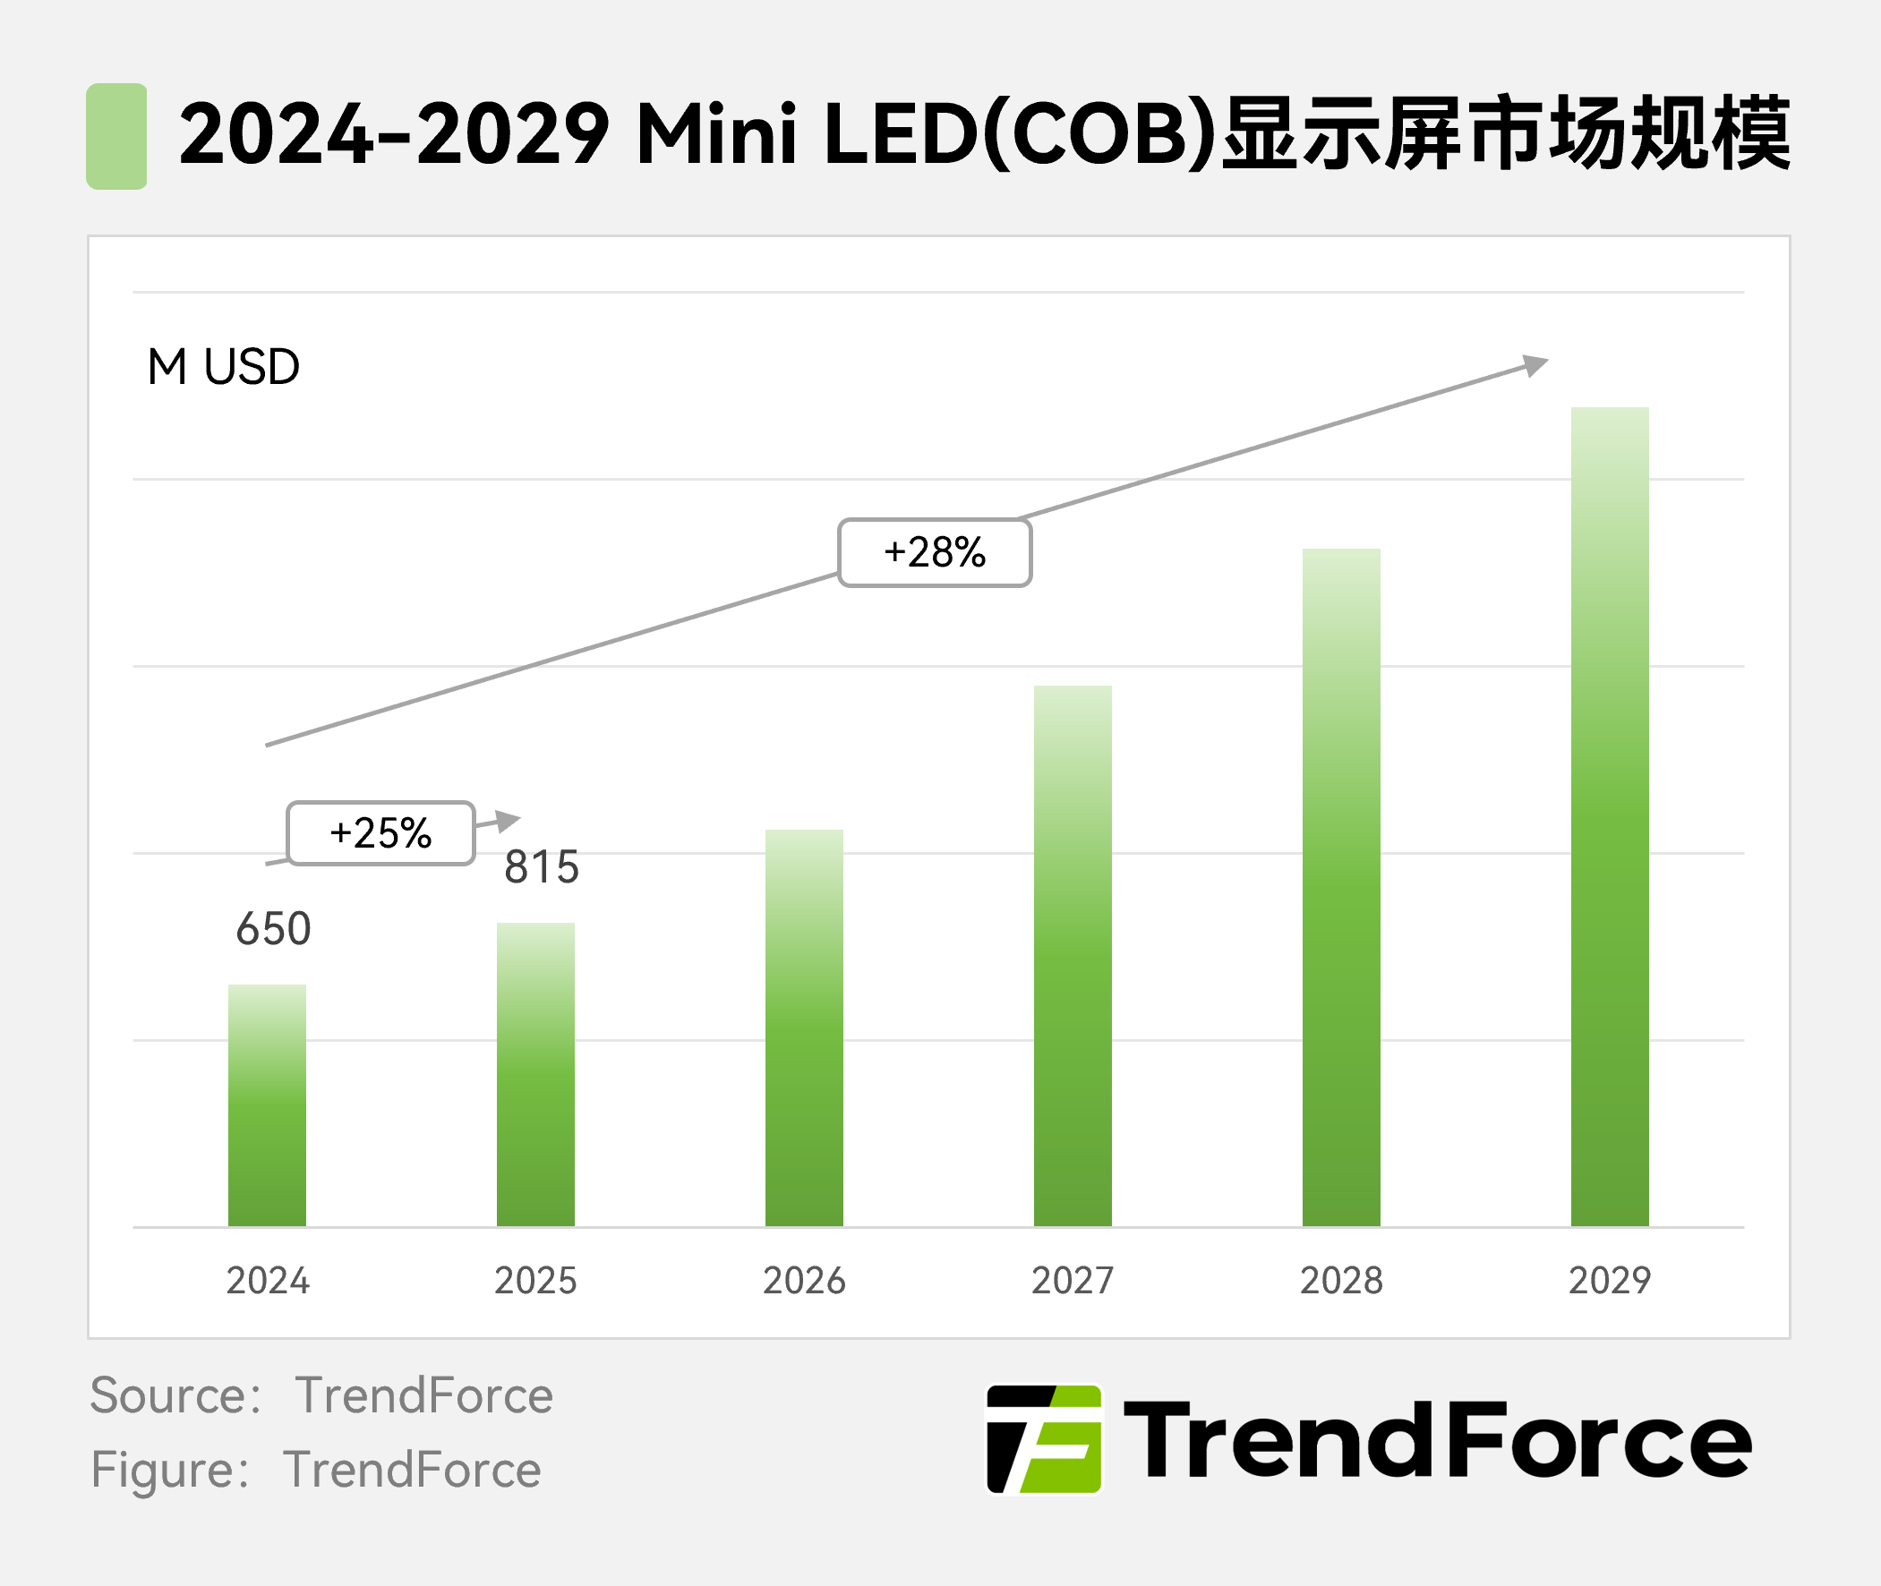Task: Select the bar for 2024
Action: click(x=267, y=1105)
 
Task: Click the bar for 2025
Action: click(x=536, y=1074)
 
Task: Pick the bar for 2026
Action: click(x=804, y=1027)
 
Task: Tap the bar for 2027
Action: click(x=1073, y=956)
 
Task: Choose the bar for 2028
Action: click(x=1340, y=887)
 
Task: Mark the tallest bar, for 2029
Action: click(x=1610, y=816)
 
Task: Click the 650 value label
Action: click(x=273, y=929)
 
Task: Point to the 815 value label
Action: click(x=542, y=867)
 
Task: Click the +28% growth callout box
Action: click(x=934, y=553)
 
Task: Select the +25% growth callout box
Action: click(x=380, y=833)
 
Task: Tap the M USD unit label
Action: click(x=223, y=367)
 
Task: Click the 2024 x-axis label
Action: click(x=267, y=1280)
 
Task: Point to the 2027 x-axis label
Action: click(x=1073, y=1280)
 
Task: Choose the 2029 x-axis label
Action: click(x=1610, y=1280)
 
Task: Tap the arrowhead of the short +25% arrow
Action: click(x=508, y=820)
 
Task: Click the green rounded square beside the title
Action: click(x=117, y=137)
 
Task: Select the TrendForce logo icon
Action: click(x=1044, y=1439)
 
